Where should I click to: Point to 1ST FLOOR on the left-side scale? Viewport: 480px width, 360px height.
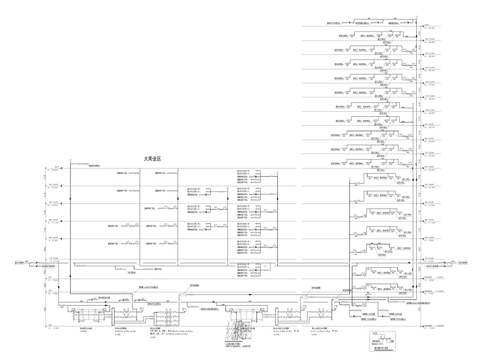52,259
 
